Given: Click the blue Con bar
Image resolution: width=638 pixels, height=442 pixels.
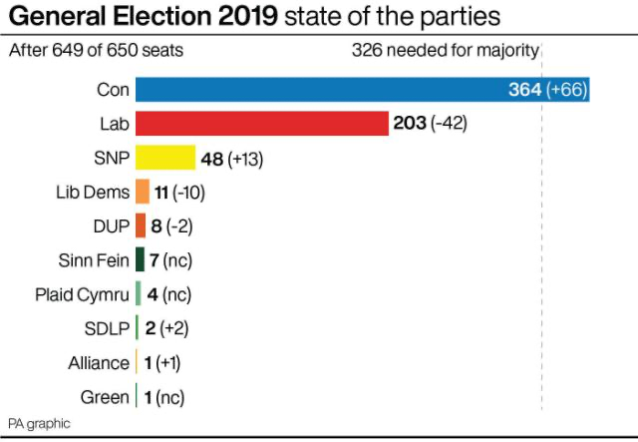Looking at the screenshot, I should click(319, 90).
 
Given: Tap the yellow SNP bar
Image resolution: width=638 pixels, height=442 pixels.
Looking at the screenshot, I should click(165, 158).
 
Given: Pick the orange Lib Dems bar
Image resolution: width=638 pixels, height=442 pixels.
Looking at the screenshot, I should click(143, 193).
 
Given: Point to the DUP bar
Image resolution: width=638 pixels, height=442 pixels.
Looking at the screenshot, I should click(141, 226).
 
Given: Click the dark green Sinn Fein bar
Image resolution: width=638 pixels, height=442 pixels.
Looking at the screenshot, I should click(140, 260).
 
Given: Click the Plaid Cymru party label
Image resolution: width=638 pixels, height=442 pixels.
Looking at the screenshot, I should click(82, 294).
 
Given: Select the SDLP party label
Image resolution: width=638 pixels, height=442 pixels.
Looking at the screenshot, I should click(108, 328).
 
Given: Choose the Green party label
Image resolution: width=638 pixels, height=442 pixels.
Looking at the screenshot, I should click(105, 396).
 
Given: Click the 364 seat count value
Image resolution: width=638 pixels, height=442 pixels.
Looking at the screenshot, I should click(524, 90).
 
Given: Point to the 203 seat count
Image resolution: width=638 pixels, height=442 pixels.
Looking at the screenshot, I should click(410, 124).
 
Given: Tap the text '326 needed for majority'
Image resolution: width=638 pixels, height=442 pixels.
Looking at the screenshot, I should click(446, 50).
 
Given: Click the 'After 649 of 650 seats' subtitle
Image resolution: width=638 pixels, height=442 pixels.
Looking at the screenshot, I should click(96, 50).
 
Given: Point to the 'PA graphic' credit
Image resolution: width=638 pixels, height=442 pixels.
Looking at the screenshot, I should click(39, 423).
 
